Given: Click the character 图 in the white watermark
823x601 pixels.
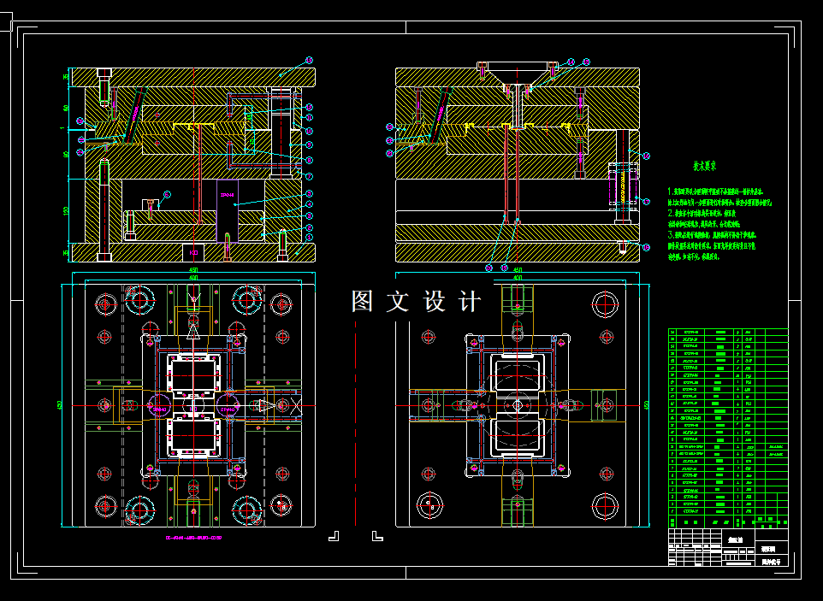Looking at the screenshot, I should pos(362,302).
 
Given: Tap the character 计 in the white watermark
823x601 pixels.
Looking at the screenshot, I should pos(471,302).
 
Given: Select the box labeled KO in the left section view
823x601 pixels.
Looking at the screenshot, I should pos(193,252).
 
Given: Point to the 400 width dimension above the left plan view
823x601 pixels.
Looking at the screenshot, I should pos(193,279).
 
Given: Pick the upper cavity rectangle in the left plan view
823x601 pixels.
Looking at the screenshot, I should pos(194,374).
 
